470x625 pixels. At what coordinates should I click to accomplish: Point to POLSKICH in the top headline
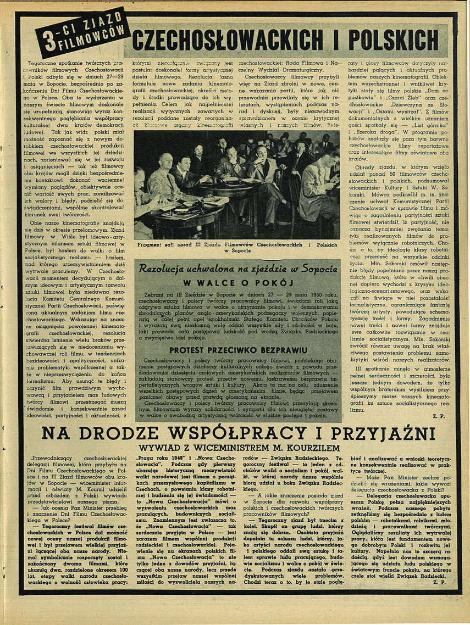click(394, 40)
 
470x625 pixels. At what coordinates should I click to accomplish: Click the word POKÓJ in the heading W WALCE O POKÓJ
click(272, 283)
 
